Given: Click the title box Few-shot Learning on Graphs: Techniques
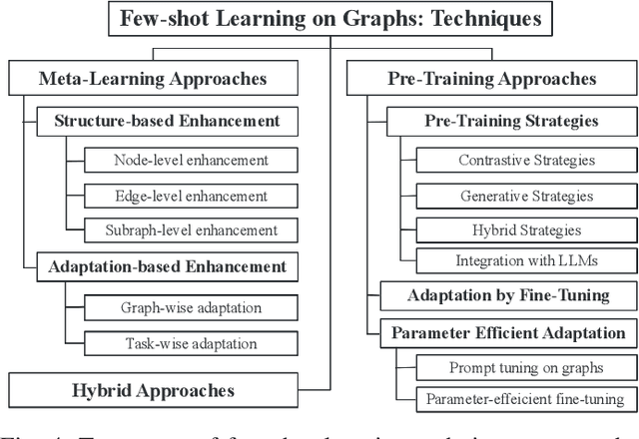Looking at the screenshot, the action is pos(329,18).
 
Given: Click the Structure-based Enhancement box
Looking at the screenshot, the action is pos(166,122).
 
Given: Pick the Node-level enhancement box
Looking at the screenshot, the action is pos(191,160).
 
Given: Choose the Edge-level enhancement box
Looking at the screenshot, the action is pos(191,196).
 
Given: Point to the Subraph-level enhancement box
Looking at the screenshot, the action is pos(191,231).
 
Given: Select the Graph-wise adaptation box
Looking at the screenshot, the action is pos(191,307).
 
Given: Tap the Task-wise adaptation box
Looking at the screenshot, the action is pos(191,343).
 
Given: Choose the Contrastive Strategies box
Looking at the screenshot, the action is pos(526,160).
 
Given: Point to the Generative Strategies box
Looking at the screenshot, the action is pos(526,196).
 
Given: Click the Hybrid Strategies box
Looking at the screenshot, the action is pos(526,230).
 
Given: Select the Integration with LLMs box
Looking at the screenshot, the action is pos(526,261).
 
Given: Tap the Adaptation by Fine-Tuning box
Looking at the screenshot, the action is pos(507,296).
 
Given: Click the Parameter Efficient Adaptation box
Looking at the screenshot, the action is pos(507,333).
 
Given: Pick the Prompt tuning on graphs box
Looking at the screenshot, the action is pos(526,367).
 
